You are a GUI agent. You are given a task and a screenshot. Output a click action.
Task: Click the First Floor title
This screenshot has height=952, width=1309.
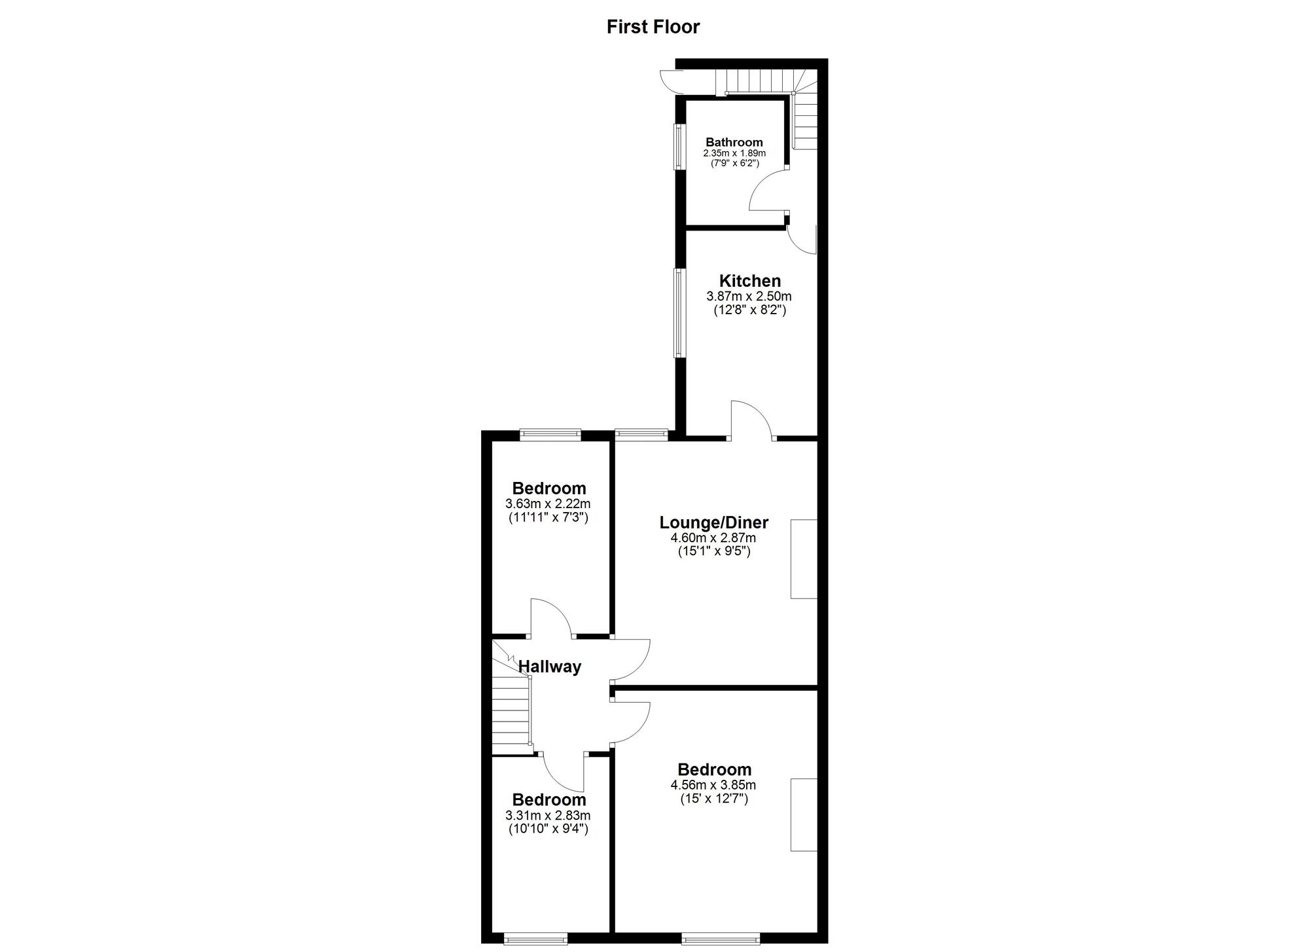pos(653,27)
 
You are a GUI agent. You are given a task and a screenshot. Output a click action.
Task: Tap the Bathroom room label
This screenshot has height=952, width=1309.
pos(734,142)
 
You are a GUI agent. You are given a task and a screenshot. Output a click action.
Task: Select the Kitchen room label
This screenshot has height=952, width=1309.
pos(750,281)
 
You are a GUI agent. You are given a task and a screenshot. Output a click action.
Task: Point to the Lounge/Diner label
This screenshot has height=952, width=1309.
pos(714,522)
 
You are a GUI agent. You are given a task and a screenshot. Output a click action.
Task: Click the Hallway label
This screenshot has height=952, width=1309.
pos(550,667)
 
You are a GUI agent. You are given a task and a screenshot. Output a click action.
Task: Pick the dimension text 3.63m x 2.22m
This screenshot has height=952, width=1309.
pos(548,504)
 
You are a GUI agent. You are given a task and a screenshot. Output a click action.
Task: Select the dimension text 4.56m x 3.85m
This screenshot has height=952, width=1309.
pos(713,785)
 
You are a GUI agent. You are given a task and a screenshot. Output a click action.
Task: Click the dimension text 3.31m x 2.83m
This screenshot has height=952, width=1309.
pos(548,816)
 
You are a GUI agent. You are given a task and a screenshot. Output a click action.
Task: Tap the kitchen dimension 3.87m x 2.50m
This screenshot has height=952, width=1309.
pos(749,297)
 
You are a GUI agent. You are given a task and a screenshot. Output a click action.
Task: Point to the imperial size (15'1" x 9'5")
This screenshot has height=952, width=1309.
pos(714,551)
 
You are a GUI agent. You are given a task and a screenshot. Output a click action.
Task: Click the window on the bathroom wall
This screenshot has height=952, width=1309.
pos(680,147)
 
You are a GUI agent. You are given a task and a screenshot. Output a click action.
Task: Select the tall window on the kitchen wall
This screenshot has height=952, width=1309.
pos(680,312)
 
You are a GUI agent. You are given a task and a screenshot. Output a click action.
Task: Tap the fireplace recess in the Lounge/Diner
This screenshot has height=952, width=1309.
pos(804,558)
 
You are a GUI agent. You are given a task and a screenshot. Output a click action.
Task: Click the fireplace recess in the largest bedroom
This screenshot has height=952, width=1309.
pos(804,815)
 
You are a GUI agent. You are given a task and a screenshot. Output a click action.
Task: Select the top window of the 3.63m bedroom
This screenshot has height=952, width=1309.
pos(550,433)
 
